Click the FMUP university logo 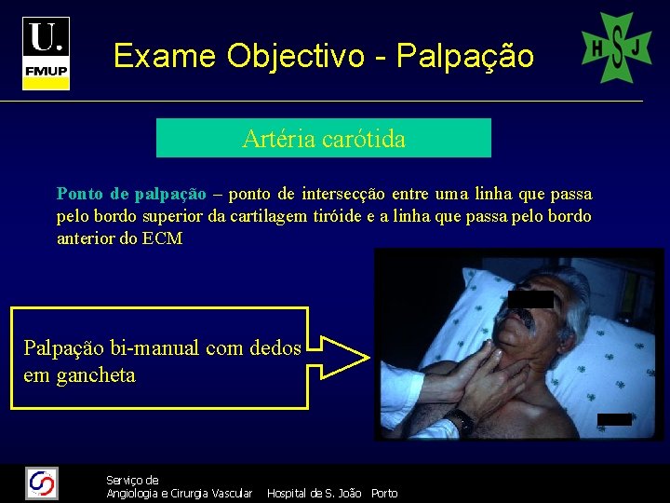46,52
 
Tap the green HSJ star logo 616,48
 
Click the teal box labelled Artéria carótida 323,139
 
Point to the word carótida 364,140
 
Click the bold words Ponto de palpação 130,195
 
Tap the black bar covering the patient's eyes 531,299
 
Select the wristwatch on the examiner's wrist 458,420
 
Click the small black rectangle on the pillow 614,419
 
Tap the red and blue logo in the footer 42,483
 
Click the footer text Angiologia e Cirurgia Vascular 179,494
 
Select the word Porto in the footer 384,494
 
